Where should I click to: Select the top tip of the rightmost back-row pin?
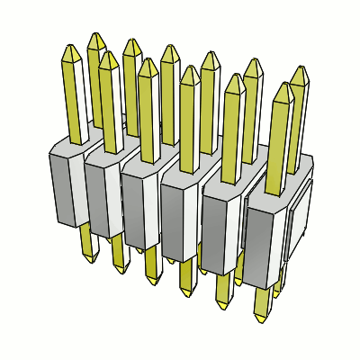(300, 67)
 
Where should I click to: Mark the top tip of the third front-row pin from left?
(148, 60)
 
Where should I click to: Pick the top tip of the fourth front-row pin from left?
(190, 67)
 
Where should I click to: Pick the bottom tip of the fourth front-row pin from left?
(187, 294)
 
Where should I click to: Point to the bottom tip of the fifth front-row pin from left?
(223, 306)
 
